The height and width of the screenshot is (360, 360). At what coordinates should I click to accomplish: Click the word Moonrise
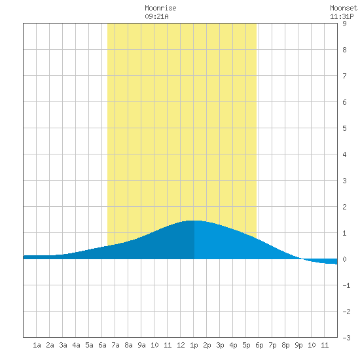pos(160,8)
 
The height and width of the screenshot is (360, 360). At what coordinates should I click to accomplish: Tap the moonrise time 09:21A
pos(156,16)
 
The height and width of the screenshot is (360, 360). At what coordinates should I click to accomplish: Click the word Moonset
pos(344,8)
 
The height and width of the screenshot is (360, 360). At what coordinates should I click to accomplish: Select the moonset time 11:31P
pos(342,16)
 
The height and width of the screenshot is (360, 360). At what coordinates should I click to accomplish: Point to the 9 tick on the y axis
pos(344,24)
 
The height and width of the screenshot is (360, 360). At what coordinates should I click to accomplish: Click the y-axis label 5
pos(344,128)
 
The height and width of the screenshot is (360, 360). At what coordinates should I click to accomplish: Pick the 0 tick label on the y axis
pos(344,259)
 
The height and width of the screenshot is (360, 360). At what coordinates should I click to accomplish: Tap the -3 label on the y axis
pos(346,338)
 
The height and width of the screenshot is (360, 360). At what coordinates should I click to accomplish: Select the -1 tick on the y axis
pos(346,285)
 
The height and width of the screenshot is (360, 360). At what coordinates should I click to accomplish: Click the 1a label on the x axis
pos(37,345)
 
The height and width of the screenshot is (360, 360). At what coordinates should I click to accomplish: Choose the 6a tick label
pos(102,345)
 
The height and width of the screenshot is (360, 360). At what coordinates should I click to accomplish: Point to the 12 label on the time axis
pos(181,345)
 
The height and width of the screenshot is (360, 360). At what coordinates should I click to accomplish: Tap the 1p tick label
pos(194,345)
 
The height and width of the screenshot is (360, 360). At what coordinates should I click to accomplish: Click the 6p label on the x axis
pos(259,345)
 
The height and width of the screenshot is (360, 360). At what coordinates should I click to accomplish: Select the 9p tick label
pos(298,345)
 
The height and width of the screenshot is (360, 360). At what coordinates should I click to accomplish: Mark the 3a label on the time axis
pos(63,345)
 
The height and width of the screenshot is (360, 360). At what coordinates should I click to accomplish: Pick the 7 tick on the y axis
pos(344,76)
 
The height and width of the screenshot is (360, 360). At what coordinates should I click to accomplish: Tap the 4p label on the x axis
pos(233,345)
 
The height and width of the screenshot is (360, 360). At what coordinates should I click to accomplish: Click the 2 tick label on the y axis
pos(344,207)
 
